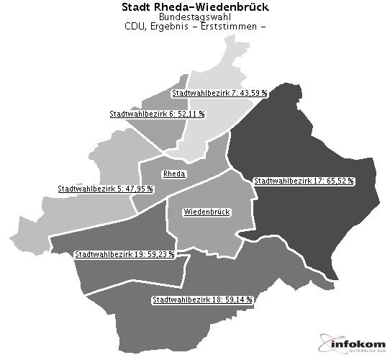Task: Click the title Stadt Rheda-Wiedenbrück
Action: coord(194,6)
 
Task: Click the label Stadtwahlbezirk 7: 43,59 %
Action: coord(219,93)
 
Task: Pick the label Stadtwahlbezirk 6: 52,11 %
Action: coord(157,114)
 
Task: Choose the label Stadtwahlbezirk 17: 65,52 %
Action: coord(304,181)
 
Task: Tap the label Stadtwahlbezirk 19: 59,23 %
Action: coord(124,254)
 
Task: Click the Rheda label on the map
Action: coord(174,174)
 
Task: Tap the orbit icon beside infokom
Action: coord(328,345)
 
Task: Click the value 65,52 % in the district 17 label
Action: coord(340,181)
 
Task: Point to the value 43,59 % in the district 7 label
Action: coord(253,93)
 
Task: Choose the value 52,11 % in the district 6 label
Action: coord(191,114)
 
